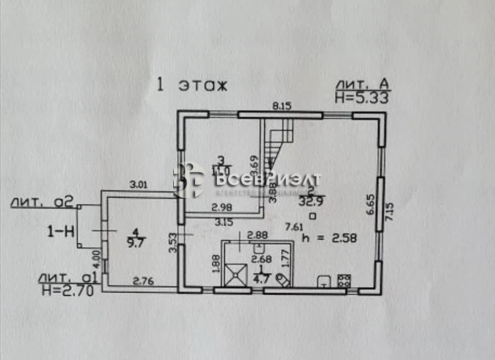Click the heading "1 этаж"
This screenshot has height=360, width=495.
(x=191, y=85)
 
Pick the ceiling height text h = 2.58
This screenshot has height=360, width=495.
(x=330, y=238)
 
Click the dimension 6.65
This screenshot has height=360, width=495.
(x=369, y=204)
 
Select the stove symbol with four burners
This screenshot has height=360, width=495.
(x=344, y=281)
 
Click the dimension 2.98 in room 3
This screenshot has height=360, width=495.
(x=221, y=207)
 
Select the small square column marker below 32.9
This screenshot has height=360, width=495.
(x=312, y=216)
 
